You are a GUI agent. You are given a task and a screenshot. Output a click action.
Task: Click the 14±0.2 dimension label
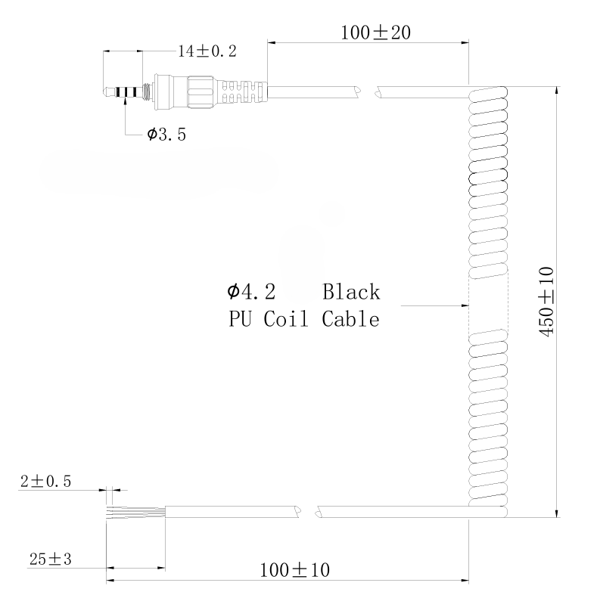coord(207,51)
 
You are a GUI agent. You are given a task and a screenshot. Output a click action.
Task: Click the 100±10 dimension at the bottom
coord(294,569)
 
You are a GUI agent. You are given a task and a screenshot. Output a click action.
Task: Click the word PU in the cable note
coord(240,320)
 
